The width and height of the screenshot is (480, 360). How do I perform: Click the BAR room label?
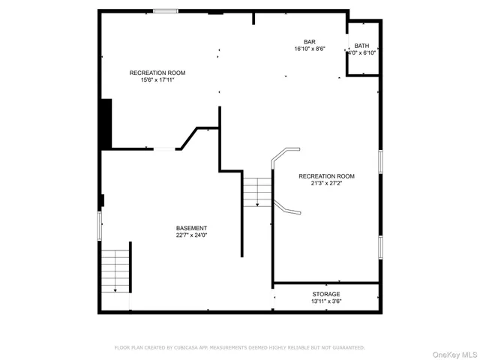pos(309,42)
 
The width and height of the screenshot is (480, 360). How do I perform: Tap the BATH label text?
pos(361,46)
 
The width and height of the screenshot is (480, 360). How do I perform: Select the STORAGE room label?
pos(326,294)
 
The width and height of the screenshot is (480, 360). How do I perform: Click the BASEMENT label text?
pos(191,228)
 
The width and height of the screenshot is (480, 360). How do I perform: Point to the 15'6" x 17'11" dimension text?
pos(157,80)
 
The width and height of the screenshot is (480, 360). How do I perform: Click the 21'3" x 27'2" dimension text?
pos(326,184)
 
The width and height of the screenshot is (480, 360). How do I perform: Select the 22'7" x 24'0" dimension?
pos(191,235)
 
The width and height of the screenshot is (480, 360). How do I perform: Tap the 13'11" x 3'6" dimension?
pos(326,301)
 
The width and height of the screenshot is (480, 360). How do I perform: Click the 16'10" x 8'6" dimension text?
pos(309,49)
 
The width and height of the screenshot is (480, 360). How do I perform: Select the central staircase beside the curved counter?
pos(256,190)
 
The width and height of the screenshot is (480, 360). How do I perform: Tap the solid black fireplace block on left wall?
pos(106,124)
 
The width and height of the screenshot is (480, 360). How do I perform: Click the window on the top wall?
pos(166,11)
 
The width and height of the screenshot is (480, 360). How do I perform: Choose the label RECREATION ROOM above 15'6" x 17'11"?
pos(157,73)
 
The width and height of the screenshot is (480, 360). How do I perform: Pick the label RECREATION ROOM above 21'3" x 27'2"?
pos(326,176)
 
